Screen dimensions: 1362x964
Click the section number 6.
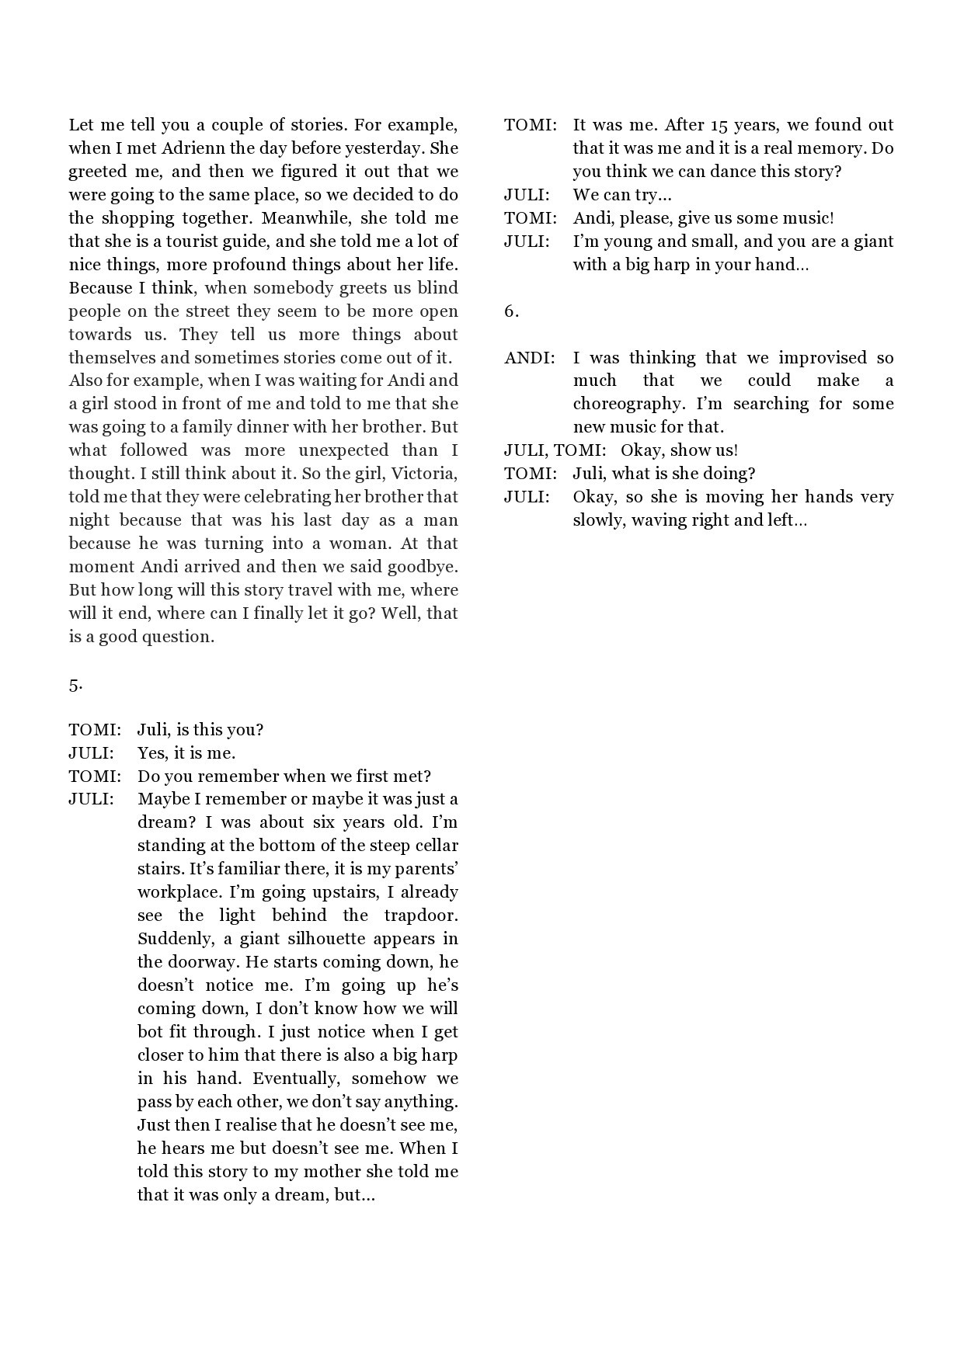[x=511, y=311]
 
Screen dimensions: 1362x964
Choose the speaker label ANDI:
[x=530, y=358]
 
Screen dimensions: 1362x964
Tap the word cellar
[x=433, y=846]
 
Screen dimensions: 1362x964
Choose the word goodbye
[x=425, y=567]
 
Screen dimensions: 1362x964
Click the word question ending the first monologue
[x=174, y=637]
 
